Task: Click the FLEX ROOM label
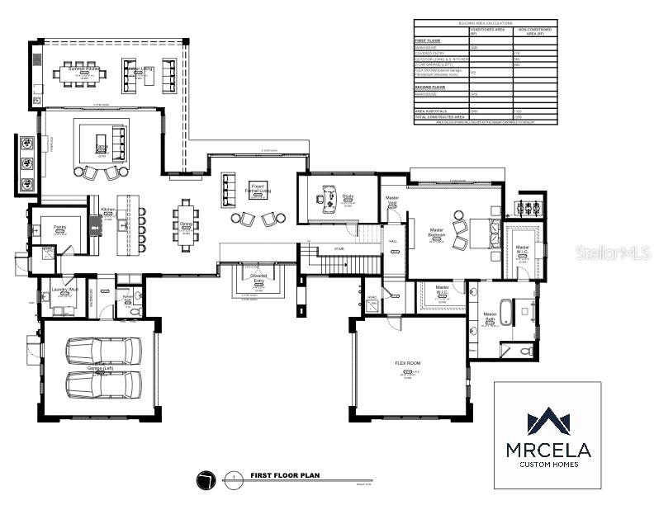[x=407, y=362]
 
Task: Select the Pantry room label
[x=59, y=226]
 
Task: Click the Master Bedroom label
[x=438, y=233]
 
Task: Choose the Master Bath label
[x=490, y=317]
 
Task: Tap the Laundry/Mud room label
[x=58, y=290]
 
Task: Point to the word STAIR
[x=339, y=248]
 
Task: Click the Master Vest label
[x=393, y=201]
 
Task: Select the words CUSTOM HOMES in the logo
[x=547, y=465]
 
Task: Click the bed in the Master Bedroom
[x=481, y=232]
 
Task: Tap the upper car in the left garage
[x=103, y=352]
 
